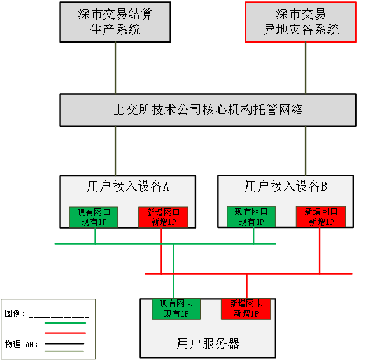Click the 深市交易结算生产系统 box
[115, 22]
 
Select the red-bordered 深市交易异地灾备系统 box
[301, 22]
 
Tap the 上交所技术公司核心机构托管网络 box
[208, 110]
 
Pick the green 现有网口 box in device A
[94, 217]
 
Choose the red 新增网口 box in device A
[163, 217]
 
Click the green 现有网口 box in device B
[252, 217]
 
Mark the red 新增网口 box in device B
[320, 217]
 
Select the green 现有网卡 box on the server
[176, 308]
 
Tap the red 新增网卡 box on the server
[245, 308]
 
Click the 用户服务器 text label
[208, 343]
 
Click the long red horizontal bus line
[287, 273]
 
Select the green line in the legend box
[64, 323]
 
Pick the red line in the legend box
[64, 333]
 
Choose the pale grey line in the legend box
[64, 351]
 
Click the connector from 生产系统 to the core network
[115, 69]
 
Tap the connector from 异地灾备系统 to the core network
[306, 69]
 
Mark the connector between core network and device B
[306, 150]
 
